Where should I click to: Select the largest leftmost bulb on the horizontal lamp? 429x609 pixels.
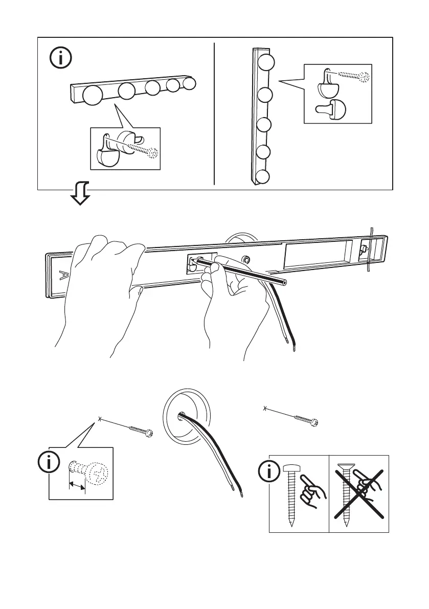point(93,96)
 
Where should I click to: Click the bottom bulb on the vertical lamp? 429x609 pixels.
point(262,177)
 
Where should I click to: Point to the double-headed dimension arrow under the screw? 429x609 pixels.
point(78,485)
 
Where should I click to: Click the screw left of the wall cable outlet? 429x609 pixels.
point(139,430)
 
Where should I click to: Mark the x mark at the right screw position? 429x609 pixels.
point(264,408)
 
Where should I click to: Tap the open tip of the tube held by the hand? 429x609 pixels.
point(284,282)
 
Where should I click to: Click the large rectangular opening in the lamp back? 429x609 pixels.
point(317,256)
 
